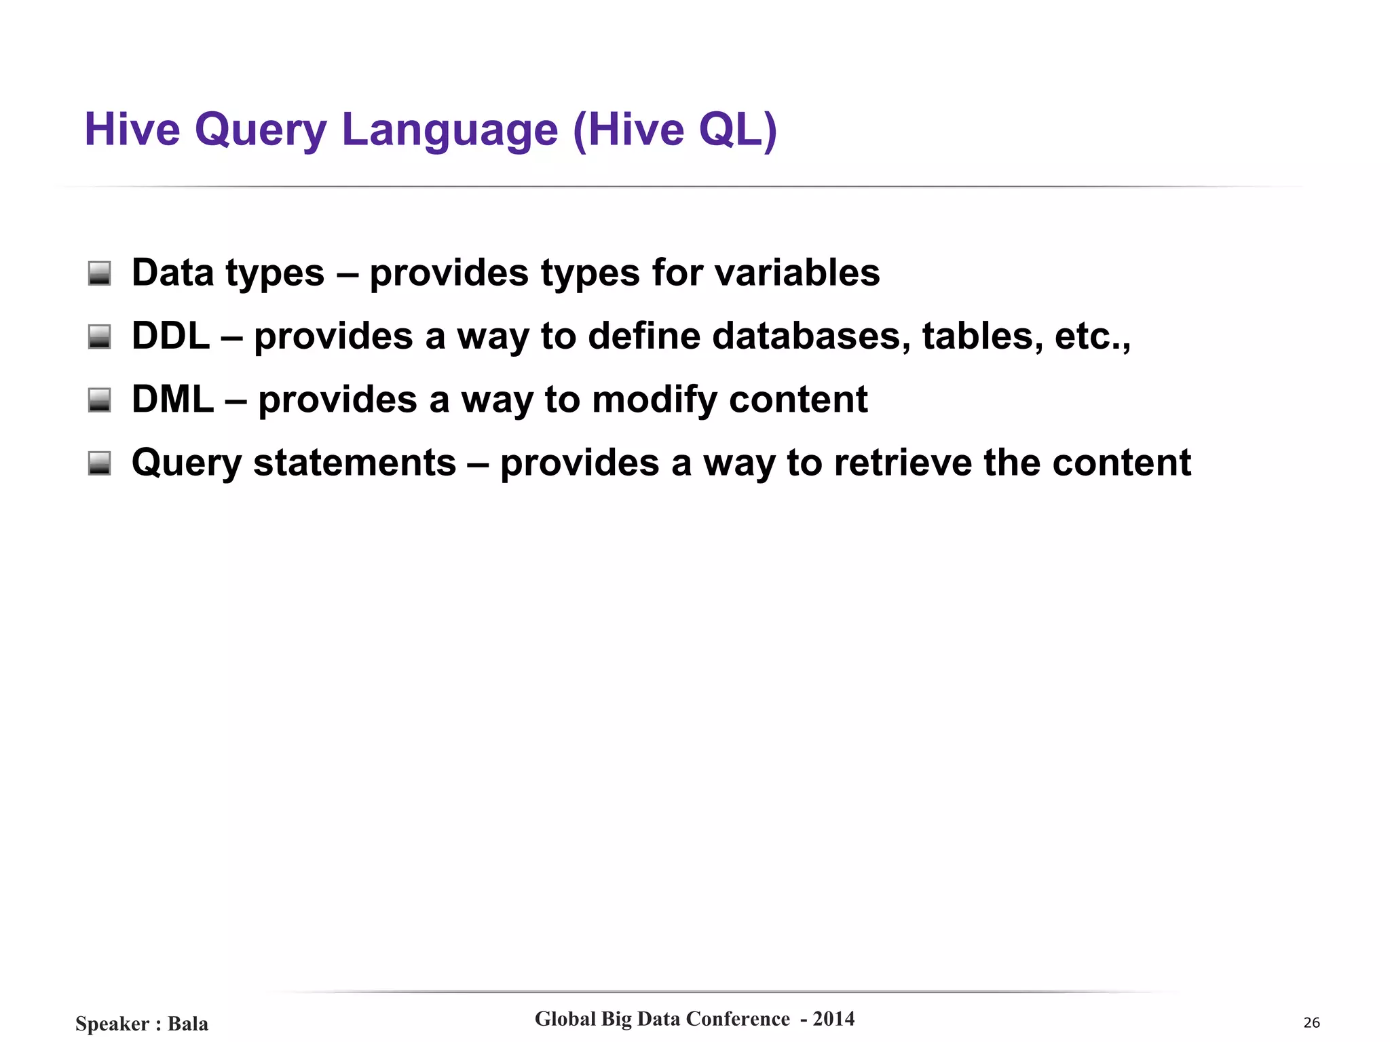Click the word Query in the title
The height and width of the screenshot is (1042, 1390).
[x=261, y=130]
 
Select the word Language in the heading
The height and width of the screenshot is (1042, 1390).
[x=449, y=130]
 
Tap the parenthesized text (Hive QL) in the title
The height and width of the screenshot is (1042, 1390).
[x=675, y=130]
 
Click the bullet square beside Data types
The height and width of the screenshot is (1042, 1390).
[x=100, y=273]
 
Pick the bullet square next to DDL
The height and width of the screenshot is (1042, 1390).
[x=100, y=336]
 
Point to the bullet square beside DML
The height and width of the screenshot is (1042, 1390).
[x=100, y=400]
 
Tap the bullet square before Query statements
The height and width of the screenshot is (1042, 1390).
[x=100, y=463]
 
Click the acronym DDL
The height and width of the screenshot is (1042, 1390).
[x=170, y=336]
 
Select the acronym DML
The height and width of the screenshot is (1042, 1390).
[x=172, y=399]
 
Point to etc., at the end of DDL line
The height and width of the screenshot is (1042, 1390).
[x=1092, y=336]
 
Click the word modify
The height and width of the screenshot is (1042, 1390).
[x=654, y=400]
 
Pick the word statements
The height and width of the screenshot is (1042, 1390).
[x=354, y=463]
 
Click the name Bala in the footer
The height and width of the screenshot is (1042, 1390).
[x=188, y=1024]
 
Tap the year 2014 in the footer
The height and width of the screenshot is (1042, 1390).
[x=833, y=1019]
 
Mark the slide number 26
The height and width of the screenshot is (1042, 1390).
[x=1311, y=1023]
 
